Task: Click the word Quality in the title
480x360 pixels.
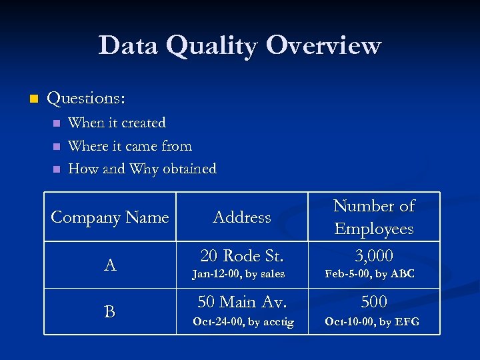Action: [213, 46]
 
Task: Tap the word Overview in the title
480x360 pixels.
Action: [323, 46]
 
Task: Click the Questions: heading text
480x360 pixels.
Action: [86, 99]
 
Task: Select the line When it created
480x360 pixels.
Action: [117, 123]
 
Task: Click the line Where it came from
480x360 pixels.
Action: [130, 146]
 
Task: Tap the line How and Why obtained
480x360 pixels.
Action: [142, 169]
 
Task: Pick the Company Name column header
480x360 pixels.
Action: [110, 217]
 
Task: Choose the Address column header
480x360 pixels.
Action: [242, 217]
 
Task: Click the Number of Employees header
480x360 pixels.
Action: [373, 217]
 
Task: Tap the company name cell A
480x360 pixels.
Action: [110, 265]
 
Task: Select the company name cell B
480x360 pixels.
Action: [110, 311]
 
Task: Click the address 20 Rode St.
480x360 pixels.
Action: [242, 255]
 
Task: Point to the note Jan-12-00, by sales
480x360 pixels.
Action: [238, 274]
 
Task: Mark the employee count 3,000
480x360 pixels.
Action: [373, 255]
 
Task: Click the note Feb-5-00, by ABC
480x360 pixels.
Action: [369, 274]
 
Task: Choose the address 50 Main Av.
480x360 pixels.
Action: [242, 302]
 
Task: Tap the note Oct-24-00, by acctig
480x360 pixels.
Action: [243, 322]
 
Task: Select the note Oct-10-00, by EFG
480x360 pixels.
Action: [371, 322]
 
